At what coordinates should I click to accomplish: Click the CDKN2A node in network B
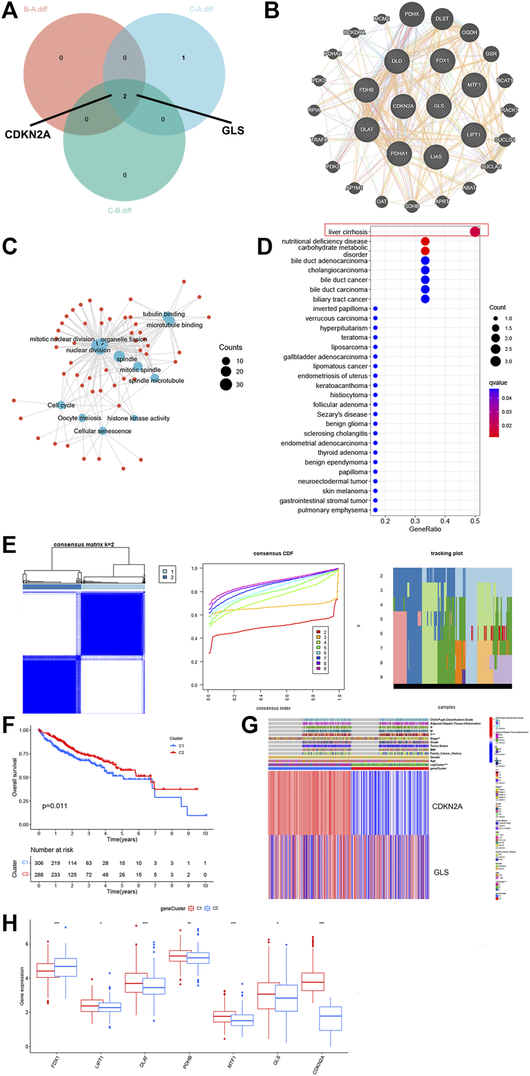click(403, 106)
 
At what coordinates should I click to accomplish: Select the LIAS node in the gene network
click(436, 156)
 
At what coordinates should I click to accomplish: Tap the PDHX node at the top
click(412, 15)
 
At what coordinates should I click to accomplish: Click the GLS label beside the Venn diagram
click(233, 131)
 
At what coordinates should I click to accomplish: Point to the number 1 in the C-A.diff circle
click(184, 57)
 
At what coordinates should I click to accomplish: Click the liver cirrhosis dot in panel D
click(475, 232)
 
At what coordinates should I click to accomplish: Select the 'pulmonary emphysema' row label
click(333, 510)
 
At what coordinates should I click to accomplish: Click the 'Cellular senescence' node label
click(103, 431)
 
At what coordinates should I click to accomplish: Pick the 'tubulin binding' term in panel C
click(163, 314)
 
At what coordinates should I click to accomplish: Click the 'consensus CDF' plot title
click(273, 554)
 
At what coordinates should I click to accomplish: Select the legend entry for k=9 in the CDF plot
click(320, 668)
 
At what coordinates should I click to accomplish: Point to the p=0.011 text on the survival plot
click(55, 806)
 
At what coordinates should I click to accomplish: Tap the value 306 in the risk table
click(38, 863)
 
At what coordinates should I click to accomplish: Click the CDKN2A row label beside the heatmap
click(447, 806)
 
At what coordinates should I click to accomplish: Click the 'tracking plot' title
click(446, 554)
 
